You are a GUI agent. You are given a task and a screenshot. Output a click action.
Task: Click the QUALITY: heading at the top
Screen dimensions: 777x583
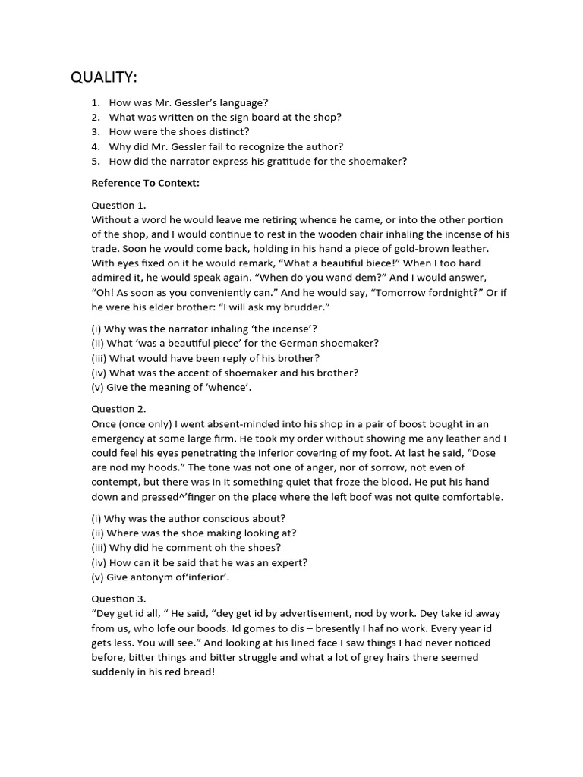pyautogui.click(x=104, y=77)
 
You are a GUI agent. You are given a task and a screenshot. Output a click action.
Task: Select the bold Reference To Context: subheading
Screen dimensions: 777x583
pyautogui.click(x=145, y=183)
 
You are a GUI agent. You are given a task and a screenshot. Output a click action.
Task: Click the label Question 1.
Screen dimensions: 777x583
pyautogui.click(x=119, y=205)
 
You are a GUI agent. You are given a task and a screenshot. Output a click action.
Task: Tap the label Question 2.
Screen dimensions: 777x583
pyautogui.click(x=119, y=409)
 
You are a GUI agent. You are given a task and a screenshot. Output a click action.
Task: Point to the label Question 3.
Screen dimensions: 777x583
pyautogui.click(x=119, y=598)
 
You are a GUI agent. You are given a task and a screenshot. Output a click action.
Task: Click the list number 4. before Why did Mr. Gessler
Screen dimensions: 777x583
pyautogui.click(x=96, y=146)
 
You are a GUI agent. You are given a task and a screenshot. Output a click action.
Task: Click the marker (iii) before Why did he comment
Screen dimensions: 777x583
pyautogui.click(x=99, y=547)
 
